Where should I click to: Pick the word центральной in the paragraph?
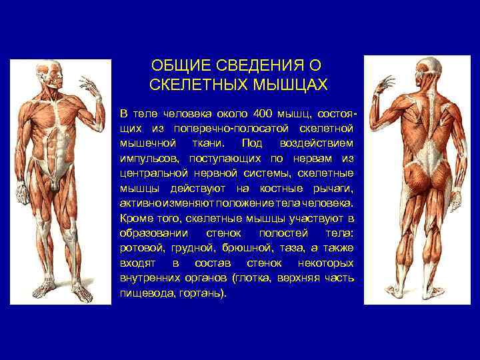pos(151,173)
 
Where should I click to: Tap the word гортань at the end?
pos(202,293)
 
